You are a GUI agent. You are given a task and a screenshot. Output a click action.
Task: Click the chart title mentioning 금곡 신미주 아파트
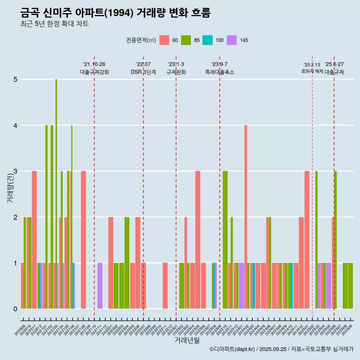click(115, 13)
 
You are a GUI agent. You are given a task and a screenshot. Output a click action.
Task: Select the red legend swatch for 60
click(164, 40)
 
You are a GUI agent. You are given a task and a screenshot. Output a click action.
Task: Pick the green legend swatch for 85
click(186, 40)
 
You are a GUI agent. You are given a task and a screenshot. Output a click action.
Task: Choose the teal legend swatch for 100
click(208, 40)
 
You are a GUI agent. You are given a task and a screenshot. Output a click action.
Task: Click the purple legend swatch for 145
click(232, 40)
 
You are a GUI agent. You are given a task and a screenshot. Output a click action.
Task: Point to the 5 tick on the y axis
click(15, 79)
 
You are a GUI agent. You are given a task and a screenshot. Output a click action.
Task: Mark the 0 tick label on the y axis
click(15, 309)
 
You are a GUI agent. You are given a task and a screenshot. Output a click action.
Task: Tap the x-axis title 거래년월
click(187, 340)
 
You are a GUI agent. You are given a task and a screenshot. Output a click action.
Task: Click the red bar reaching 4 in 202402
click(246, 217)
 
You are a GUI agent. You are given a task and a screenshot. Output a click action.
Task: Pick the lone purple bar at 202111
click(100, 286)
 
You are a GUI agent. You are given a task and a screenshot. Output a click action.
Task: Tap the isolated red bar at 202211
click(165, 286)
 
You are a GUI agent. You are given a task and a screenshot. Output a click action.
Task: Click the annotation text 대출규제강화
click(94, 72)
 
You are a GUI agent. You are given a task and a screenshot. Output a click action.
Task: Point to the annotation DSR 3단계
click(143, 72)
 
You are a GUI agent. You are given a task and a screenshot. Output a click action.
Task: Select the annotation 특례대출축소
click(219, 72)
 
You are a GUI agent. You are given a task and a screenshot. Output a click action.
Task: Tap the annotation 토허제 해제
click(312, 71)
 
